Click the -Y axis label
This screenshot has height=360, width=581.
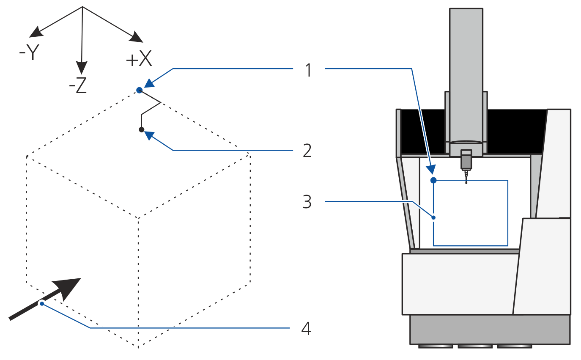(x=29, y=53)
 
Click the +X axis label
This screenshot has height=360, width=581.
(x=139, y=60)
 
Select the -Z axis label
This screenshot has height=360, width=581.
(x=78, y=86)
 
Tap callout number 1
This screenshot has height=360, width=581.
(x=309, y=70)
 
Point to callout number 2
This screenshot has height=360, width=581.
(x=307, y=151)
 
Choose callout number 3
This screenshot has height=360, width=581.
(x=307, y=202)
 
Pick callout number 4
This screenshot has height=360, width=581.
(x=307, y=329)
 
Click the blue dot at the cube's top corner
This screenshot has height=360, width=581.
(x=139, y=90)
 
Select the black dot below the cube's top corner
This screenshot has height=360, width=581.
(x=142, y=129)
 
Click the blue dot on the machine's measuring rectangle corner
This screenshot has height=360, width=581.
(x=433, y=181)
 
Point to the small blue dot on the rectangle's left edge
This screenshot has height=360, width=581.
(x=433, y=217)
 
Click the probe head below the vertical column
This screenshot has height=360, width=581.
(x=466, y=160)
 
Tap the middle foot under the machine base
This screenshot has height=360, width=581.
(x=475, y=346)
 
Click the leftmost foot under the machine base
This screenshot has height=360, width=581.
(x=436, y=346)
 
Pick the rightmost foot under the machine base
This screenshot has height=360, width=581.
(x=514, y=346)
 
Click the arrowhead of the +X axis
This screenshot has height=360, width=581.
(x=137, y=38)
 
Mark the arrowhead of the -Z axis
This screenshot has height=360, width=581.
(x=81, y=67)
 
